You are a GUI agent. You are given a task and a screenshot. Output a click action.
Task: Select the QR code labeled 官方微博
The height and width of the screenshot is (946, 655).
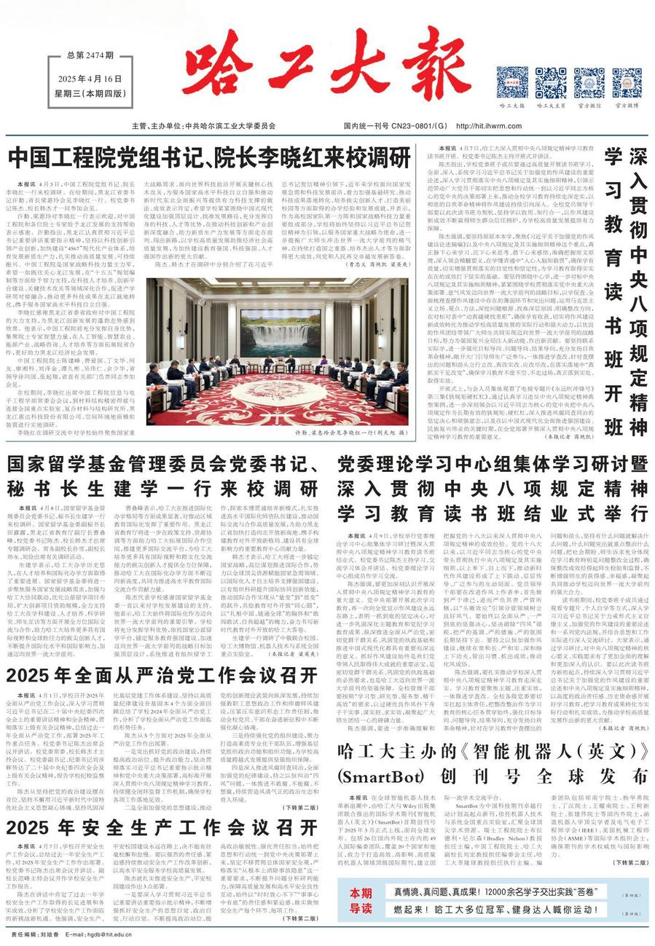(x=626, y=82)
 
